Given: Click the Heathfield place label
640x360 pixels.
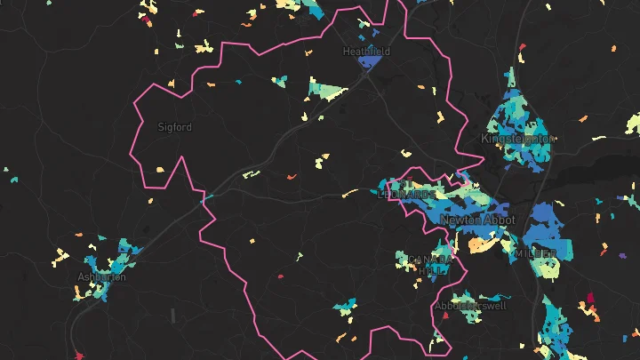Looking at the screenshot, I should click(x=366, y=52).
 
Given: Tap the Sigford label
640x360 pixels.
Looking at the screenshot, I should click(x=174, y=127).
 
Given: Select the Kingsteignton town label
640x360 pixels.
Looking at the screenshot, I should click(x=517, y=139).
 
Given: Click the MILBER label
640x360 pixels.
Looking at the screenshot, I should click(x=536, y=253).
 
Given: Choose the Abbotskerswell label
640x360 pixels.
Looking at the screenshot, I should click(x=470, y=306).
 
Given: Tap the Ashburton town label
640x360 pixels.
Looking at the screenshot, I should click(x=101, y=276).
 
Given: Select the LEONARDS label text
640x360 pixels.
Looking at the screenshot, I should click(x=408, y=193).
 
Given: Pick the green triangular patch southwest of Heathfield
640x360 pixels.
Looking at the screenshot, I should click(x=325, y=89).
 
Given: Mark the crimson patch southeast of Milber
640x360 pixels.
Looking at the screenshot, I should click(x=588, y=298).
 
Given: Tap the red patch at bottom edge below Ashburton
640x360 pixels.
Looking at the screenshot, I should click(x=78, y=356).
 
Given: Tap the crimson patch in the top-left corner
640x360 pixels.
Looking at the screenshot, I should click(x=145, y=18).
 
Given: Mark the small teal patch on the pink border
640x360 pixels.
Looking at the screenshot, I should click(x=212, y=196).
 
